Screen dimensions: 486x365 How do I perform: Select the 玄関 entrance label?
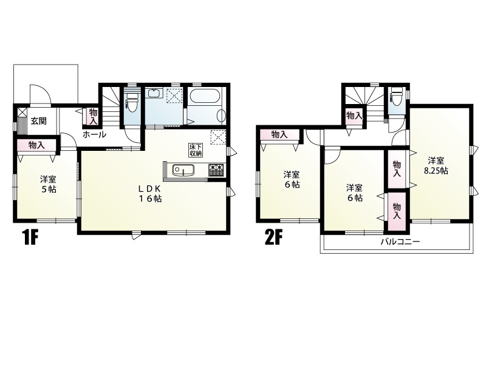click(38, 121)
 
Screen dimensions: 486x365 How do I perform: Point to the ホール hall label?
click(94, 134)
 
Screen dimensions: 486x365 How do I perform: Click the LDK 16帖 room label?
click(149, 193)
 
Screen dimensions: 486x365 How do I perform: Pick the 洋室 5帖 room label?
click(49, 184)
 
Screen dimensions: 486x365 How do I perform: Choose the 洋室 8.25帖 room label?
click(436, 165)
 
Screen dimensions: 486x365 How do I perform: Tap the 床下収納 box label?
click(196, 150)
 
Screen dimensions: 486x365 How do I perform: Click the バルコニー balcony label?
click(400, 242)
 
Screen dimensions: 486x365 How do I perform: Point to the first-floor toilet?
click(132, 102)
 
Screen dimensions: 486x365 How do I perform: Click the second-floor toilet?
click(396, 94)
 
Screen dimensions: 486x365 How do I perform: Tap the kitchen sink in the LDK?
click(183, 170)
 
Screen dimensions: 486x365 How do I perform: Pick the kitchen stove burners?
click(216, 170)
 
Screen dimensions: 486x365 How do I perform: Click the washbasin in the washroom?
click(154, 93)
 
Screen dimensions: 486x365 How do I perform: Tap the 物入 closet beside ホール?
click(92, 116)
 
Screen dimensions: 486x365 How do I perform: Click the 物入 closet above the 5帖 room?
click(36, 146)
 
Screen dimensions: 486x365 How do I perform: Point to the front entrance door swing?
click(39, 95)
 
